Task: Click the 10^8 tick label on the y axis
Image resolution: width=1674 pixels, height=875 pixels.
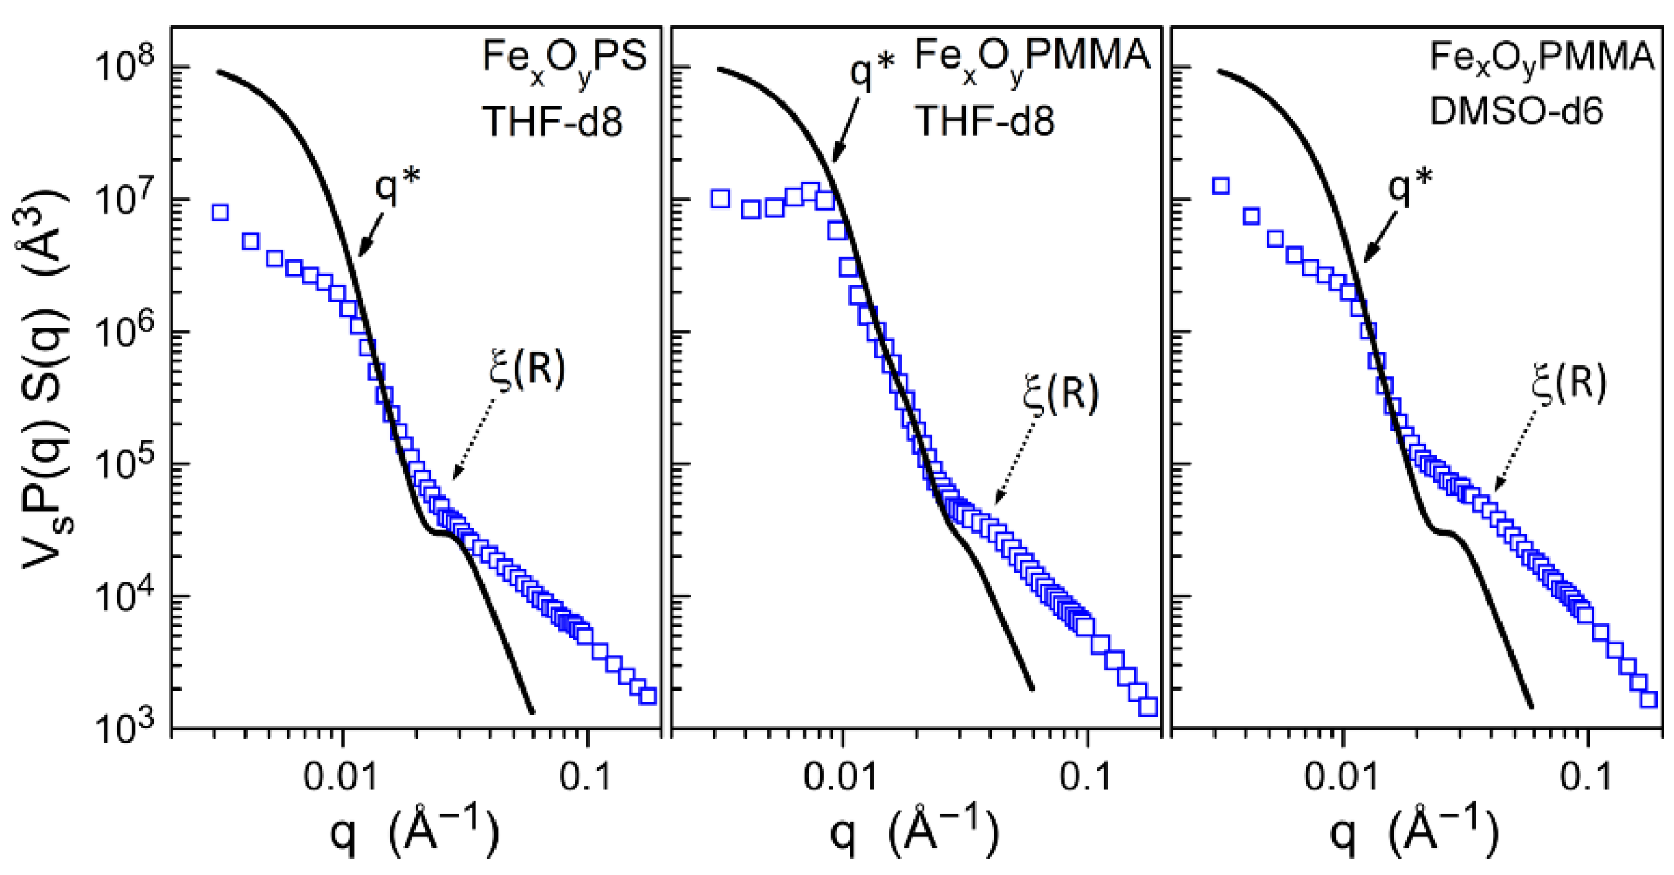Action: point(127,67)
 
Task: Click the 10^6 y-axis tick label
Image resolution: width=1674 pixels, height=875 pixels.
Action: point(127,332)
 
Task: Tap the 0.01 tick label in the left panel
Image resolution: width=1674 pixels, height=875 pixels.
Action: point(341,777)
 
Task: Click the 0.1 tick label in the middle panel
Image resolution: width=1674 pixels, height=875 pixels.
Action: point(1086,777)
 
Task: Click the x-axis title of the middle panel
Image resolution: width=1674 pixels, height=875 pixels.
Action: point(914,831)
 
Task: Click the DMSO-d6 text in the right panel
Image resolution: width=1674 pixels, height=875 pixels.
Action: point(1516,110)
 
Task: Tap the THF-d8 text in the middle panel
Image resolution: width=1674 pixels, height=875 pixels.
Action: point(985,121)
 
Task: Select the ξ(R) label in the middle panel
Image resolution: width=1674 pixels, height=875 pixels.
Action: point(1060,394)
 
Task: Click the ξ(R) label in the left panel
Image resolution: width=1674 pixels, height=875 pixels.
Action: point(527,370)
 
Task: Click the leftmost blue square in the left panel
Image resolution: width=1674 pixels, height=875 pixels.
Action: point(219,213)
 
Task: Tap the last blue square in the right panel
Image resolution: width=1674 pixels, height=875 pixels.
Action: point(1649,699)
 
